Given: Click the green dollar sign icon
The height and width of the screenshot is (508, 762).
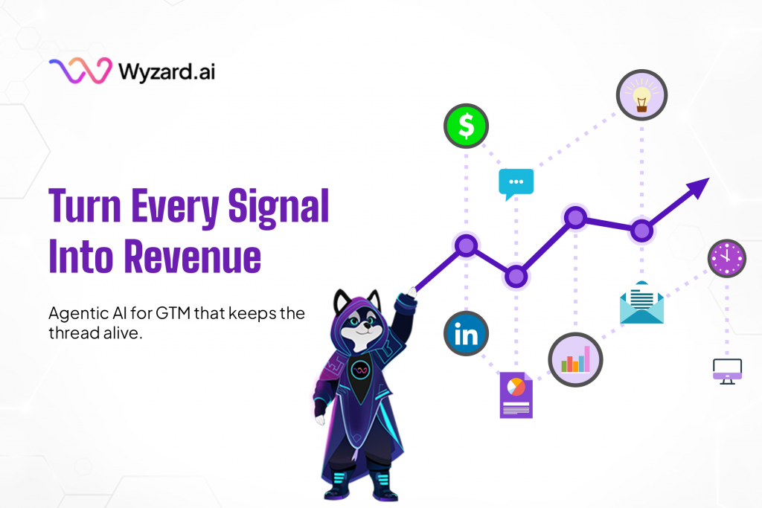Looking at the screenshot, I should click(466, 126).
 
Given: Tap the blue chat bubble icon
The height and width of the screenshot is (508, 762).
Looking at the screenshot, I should click(516, 183).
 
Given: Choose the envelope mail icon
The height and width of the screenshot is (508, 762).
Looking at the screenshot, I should click(641, 303).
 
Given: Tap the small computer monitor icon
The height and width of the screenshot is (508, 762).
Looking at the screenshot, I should click(727, 369).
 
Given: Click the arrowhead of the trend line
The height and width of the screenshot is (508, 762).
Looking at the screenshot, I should click(699, 186).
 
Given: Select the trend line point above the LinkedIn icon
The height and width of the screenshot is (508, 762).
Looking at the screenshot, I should click(466, 245).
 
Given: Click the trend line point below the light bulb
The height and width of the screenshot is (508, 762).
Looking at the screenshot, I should click(641, 230).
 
